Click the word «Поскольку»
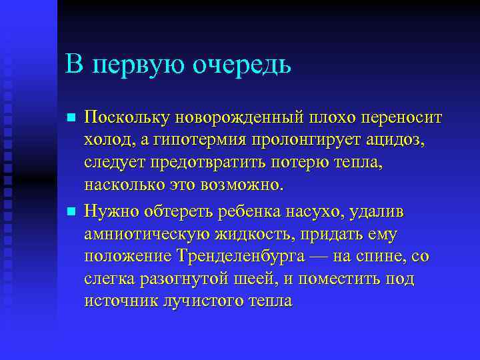click(x=128, y=118)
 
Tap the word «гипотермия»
click(x=183, y=141)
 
